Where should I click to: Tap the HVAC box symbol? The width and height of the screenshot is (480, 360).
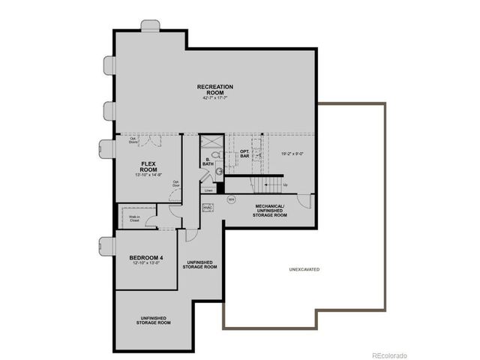208,208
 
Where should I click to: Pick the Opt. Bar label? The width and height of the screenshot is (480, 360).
244,154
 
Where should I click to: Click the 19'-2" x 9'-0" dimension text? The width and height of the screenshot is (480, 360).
293,154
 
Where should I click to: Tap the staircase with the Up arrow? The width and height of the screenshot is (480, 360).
266,184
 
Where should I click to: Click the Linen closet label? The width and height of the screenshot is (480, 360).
208,190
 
